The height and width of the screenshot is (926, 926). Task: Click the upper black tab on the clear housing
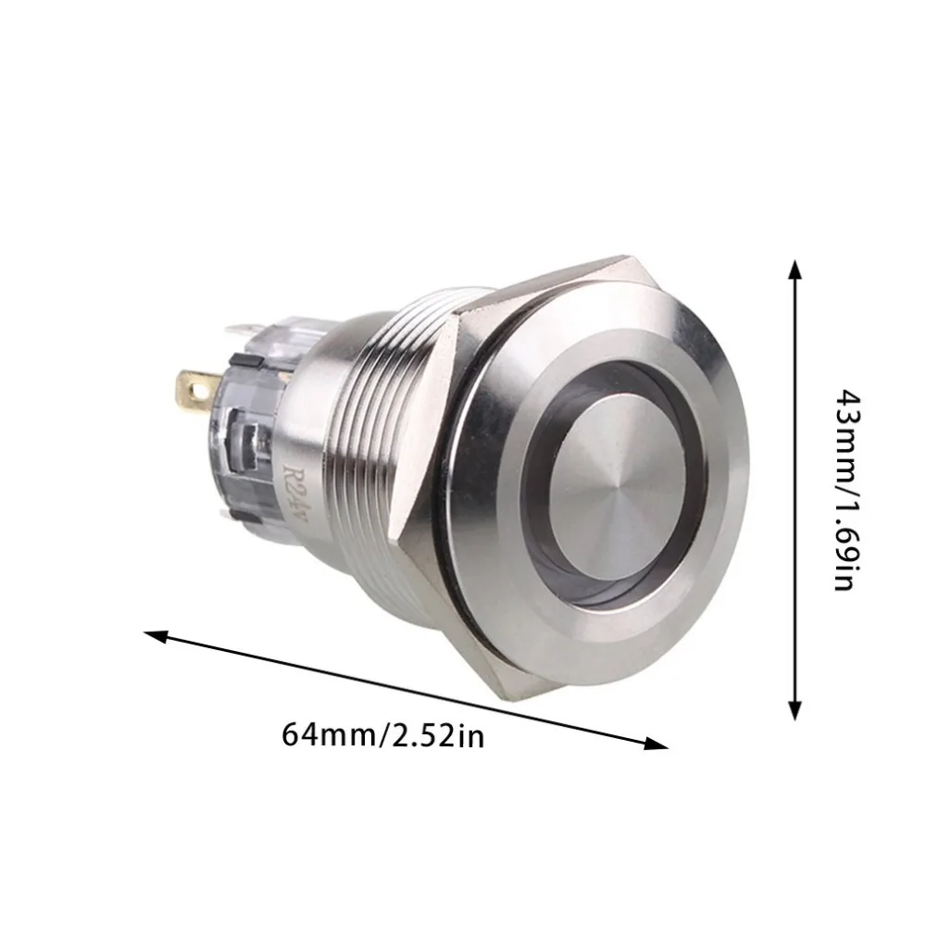tap(246, 361)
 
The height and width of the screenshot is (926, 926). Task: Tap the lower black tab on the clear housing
tap(246, 518)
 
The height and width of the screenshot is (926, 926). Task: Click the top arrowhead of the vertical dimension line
tap(795, 269)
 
